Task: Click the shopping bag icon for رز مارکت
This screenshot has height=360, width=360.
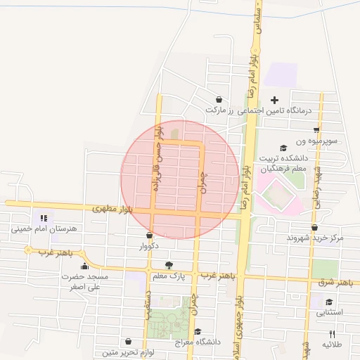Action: pyautogui.click(x=219, y=100)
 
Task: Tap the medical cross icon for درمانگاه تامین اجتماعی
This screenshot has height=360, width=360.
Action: pyautogui.click(x=274, y=100)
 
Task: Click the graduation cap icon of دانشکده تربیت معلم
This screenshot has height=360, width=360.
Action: pyautogui.click(x=283, y=148)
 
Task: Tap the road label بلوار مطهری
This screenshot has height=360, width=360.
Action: pyautogui.click(x=117, y=210)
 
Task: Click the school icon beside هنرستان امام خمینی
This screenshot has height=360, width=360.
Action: pyautogui.click(x=44, y=219)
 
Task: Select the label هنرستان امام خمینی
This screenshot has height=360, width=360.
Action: pyautogui.click(x=44, y=229)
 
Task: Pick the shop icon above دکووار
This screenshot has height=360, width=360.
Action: pyautogui.click(x=149, y=235)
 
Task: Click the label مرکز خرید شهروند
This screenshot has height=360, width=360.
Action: pyautogui.click(x=315, y=238)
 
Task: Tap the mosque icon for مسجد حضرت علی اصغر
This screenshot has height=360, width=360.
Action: pyautogui.click(x=85, y=266)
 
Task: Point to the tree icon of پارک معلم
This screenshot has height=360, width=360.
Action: pyautogui.click(x=169, y=265)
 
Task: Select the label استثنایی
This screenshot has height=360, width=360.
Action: pyautogui.click(x=329, y=312)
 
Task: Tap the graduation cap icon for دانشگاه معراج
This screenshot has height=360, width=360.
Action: pyautogui.click(x=198, y=331)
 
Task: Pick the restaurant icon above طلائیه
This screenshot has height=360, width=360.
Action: pyautogui.click(x=332, y=335)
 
